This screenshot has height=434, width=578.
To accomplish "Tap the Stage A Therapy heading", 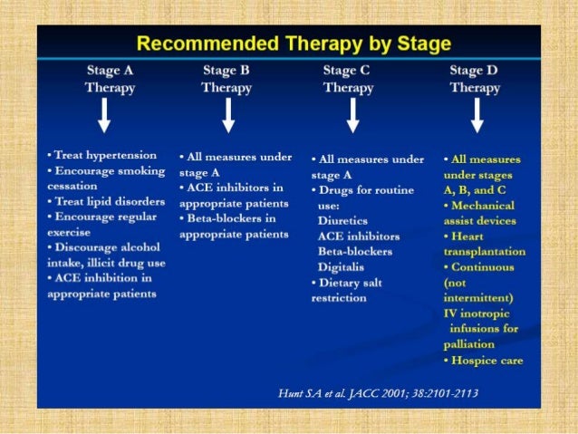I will pos(111,79).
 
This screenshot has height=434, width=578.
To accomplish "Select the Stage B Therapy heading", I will pos(226,79).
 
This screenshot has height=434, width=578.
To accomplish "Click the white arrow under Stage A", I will pos(105,115).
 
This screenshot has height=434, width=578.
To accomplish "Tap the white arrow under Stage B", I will pos(228,115).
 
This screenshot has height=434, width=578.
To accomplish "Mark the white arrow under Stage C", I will pos(352,115).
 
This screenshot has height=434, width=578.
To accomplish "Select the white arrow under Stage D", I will pos(477,115).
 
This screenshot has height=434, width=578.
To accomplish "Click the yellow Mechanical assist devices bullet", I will pos(481,212).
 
